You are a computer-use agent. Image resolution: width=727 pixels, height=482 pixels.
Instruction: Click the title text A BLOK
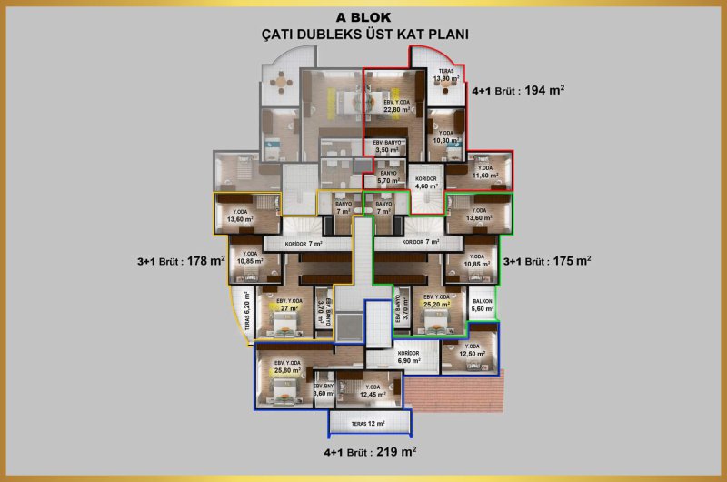[363, 17]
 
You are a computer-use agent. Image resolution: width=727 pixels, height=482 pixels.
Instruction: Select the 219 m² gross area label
[370, 451]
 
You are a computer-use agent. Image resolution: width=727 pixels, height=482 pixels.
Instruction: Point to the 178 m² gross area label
[181, 261]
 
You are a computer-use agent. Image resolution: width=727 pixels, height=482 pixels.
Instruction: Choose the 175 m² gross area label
[547, 260]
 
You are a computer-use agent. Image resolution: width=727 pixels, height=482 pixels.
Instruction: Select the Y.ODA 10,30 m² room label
[446, 137]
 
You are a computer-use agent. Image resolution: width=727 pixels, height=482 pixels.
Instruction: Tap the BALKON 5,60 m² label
[482, 306]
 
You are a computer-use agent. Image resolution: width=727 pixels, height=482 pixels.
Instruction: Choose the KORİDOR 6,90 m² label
[409, 356]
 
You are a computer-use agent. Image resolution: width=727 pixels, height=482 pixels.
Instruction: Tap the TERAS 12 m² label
[368, 424]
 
